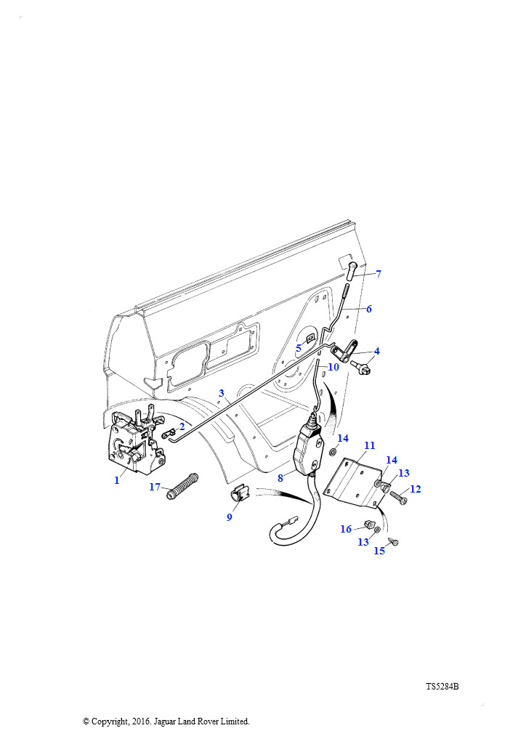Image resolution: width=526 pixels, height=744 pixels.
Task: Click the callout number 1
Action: [x=117, y=480]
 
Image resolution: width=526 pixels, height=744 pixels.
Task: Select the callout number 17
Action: [x=155, y=487]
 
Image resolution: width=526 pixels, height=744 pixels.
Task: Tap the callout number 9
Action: [x=230, y=517]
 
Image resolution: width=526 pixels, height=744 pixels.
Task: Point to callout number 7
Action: [x=379, y=274]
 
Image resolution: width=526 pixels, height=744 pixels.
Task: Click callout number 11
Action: [x=370, y=445]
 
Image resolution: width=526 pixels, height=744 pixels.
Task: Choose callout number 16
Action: [x=346, y=529]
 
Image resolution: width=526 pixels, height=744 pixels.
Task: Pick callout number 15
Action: [x=379, y=551]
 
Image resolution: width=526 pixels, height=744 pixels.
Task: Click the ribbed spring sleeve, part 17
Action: [x=182, y=486]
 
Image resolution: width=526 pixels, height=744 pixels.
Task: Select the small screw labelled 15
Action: [x=394, y=541]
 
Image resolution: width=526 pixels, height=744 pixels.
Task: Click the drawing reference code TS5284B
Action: [x=442, y=687]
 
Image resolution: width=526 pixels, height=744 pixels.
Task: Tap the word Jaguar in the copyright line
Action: [x=165, y=721]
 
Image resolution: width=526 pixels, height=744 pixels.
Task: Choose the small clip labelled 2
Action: [x=169, y=434]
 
